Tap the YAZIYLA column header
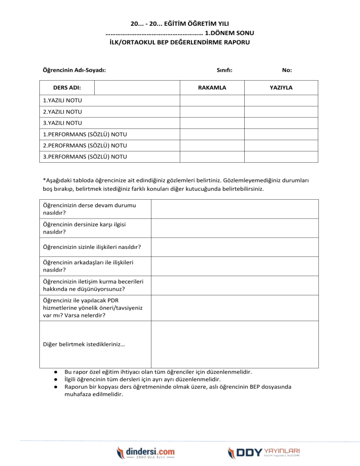tap(282, 88)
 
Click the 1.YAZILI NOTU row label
tap(59, 100)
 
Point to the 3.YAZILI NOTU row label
tap(59, 123)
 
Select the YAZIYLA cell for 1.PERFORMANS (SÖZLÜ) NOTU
tap(282, 134)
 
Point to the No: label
tap(287, 70)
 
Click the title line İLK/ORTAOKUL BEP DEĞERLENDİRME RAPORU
tap(180, 42)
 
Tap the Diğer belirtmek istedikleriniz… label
tap(84, 344)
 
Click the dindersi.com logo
tap(146, 452)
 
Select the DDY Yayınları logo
tap(264, 452)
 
